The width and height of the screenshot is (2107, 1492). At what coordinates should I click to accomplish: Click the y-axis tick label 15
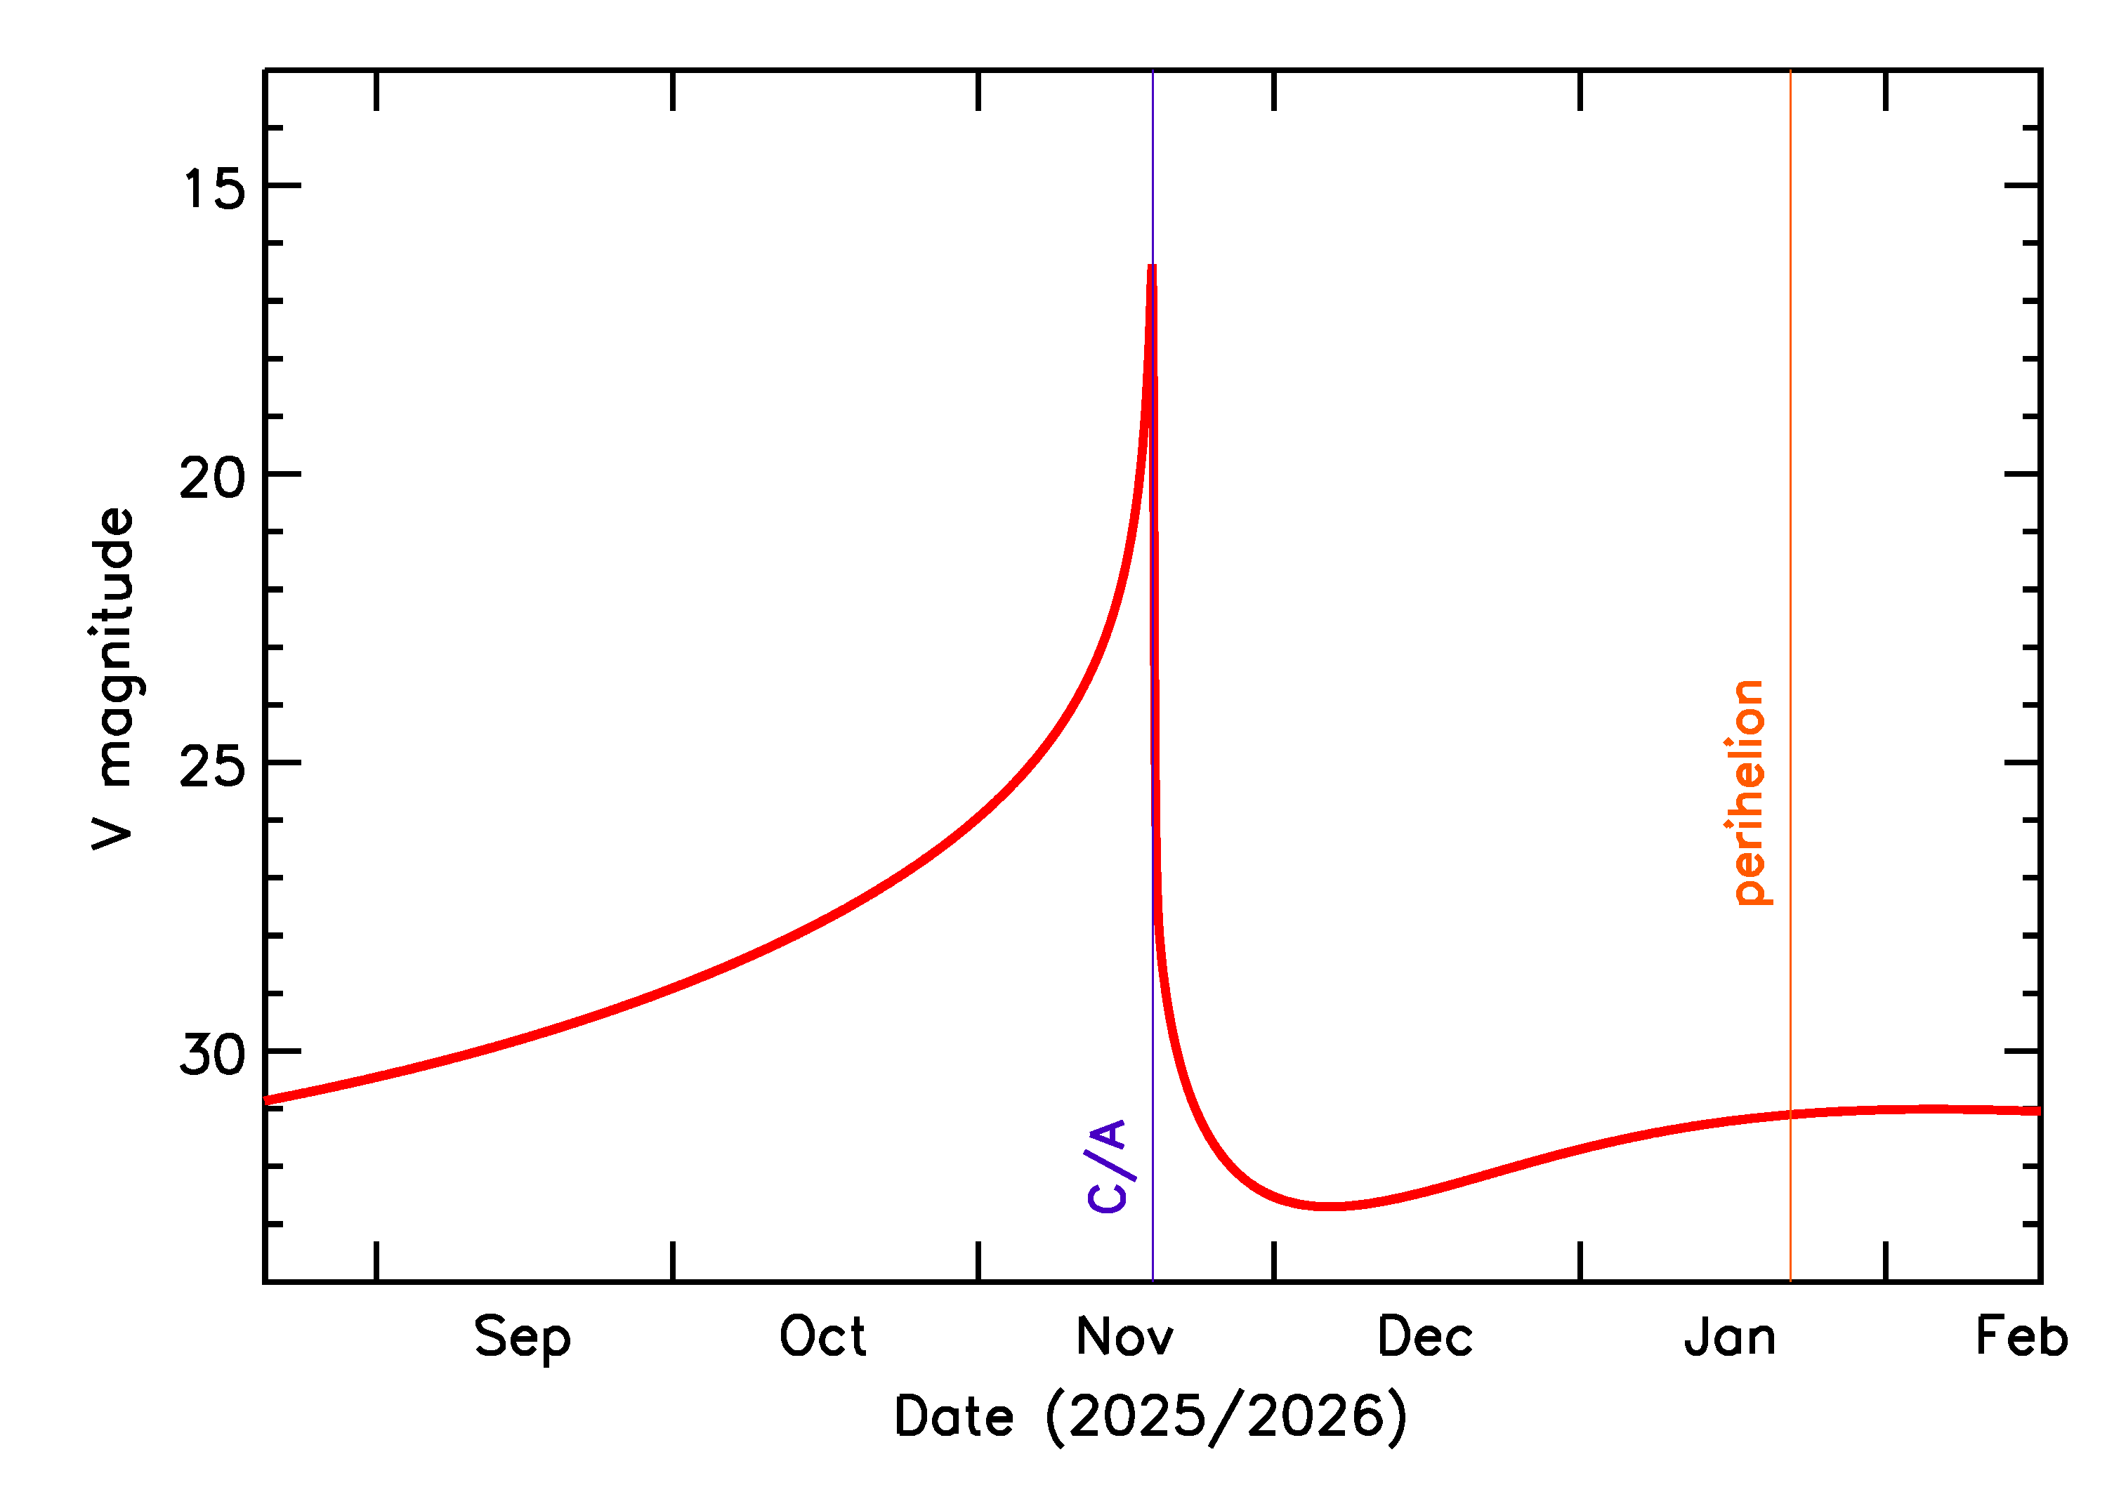pyautogui.click(x=214, y=190)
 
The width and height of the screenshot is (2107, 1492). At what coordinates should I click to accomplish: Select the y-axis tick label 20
pyautogui.click(x=214, y=477)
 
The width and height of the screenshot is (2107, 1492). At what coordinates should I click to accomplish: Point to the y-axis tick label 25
pyautogui.click(x=214, y=766)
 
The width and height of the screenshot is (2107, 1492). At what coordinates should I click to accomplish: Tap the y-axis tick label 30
pyautogui.click(x=214, y=1055)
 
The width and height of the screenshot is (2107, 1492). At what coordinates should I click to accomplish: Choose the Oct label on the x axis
pyautogui.click(x=822, y=1337)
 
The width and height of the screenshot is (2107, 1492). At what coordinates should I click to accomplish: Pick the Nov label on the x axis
pyautogui.click(x=1124, y=1337)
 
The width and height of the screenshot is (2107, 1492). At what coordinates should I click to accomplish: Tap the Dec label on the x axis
pyautogui.click(x=1425, y=1337)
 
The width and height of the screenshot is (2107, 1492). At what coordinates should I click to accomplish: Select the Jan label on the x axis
pyautogui.click(x=1731, y=1337)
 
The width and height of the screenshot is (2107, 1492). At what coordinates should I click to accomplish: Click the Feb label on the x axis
pyautogui.click(x=2021, y=1337)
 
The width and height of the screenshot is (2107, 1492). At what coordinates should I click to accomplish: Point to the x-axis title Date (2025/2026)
pyautogui.click(x=1150, y=1417)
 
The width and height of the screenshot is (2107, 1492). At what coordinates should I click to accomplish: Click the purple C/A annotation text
pyautogui.click(x=1108, y=1167)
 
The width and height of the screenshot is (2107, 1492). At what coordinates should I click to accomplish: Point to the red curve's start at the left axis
pyautogui.click(x=266, y=1100)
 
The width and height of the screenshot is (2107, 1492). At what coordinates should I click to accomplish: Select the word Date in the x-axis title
pyautogui.click(x=954, y=1417)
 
